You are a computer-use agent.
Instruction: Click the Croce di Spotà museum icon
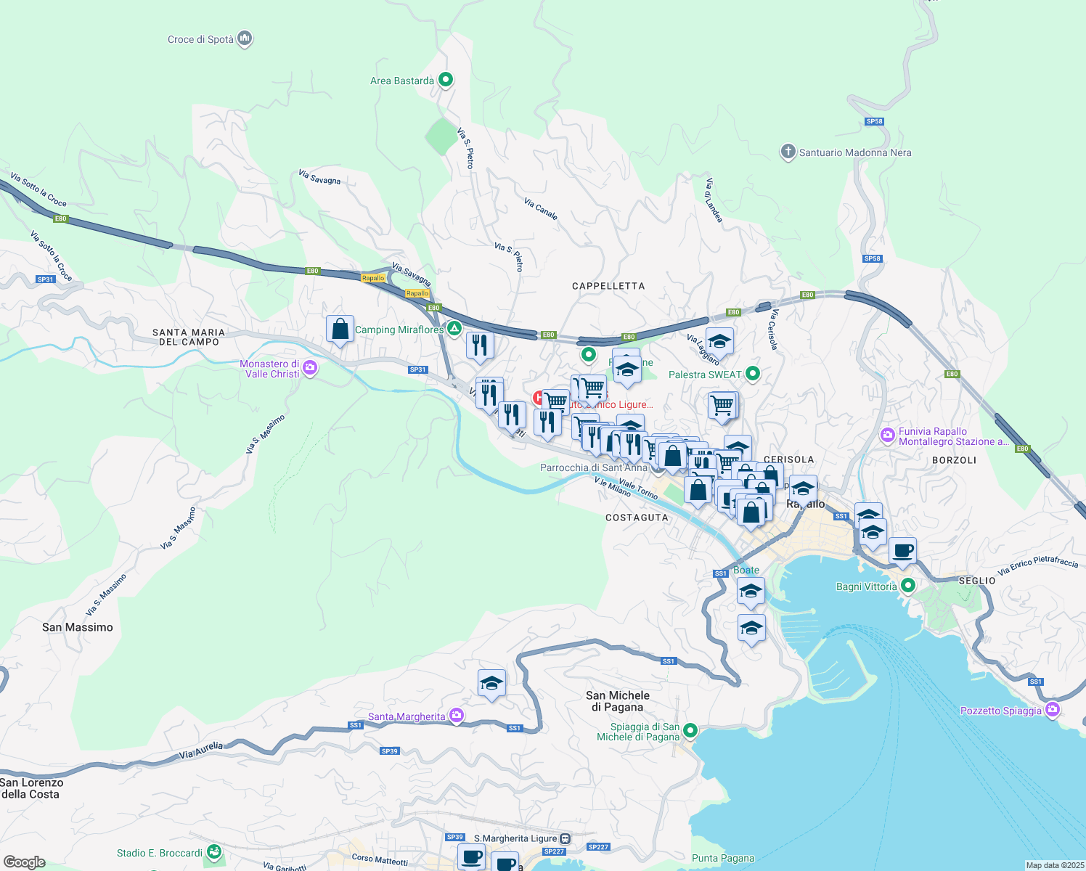[x=245, y=38]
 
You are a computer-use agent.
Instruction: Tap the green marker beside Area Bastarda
[x=446, y=80]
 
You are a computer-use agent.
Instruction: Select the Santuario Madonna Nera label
[x=854, y=152]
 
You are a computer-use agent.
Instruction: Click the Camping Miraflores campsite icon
[x=454, y=329]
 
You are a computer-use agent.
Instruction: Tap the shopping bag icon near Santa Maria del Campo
[x=340, y=330]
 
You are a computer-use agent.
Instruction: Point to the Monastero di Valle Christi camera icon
[x=310, y=368]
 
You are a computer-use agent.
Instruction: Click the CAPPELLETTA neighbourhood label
[x=608, y=286]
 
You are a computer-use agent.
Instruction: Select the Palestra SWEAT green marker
[x=753, y=374]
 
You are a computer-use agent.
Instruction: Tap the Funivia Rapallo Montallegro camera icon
[x=887, y=435]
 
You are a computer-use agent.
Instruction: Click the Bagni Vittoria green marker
[x=907, y=586]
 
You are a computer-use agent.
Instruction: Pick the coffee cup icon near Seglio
[x=902, y=552]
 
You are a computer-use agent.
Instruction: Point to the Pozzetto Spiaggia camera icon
[x=1053, y=710]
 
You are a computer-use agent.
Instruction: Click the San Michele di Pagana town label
[x=618, y=701]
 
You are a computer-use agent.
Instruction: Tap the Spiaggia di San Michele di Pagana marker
[x=690, y=730]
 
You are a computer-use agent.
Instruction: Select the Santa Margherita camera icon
[x=456, y=716]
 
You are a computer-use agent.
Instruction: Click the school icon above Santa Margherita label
[x=491, y=684]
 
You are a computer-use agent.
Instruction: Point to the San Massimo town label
[x=78, y=627]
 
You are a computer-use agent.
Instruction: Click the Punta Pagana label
[x=723, y=858]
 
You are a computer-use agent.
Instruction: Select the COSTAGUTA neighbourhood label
[x=637, y=518]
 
